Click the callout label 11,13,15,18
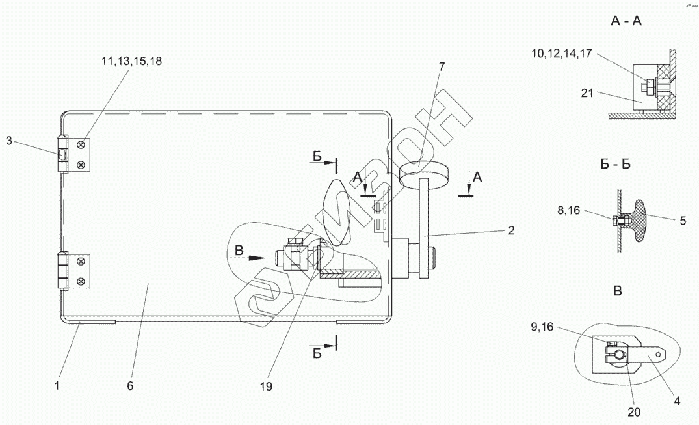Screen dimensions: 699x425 (131, 61)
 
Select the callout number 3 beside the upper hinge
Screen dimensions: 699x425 (9, 141)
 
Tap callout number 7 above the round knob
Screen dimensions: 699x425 (442, 67)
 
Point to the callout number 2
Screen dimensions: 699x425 (511, 230)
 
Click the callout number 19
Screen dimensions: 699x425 (266, 386)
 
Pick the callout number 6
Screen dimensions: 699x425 (130, 386)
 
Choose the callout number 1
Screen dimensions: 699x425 (57, 386)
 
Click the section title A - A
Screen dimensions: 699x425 (626, 21)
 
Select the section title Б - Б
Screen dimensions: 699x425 (615, 164)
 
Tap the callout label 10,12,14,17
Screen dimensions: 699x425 (562, 53)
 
